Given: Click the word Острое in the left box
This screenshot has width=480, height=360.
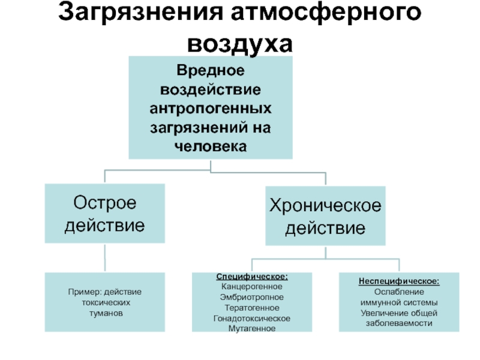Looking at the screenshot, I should point(105,203).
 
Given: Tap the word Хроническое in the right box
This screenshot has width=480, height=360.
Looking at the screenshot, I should point(326,206).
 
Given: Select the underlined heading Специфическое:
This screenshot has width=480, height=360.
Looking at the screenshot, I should point(252,277).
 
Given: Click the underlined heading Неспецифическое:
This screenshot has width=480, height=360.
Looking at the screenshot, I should point(399,281).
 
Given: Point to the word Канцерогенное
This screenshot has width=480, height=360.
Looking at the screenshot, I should point(252,287).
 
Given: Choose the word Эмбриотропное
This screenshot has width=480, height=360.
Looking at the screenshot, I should point(252,297).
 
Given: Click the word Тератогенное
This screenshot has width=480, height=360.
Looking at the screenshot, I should point(252,307).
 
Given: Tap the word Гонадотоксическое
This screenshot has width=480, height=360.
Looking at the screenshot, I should point(252,318).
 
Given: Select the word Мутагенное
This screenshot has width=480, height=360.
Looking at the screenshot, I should point(252,328).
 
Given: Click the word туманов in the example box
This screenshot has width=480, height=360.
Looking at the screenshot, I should point(105,313).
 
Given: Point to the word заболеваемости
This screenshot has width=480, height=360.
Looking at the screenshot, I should point(399,323).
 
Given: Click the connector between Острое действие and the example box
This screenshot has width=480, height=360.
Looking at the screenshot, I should point(105,259).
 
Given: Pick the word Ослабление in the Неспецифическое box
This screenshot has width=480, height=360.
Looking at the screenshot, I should point(399,291).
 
